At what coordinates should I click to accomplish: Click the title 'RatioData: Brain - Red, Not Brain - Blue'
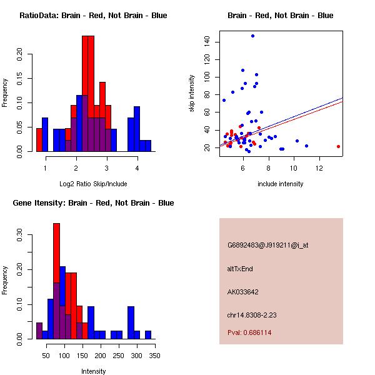93,16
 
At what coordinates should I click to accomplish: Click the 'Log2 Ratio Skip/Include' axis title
93,184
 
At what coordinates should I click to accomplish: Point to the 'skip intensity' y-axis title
192,94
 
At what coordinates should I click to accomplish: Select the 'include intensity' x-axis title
281,184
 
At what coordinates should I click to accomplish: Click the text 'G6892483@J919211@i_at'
267,245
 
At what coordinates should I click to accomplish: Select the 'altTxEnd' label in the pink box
240,269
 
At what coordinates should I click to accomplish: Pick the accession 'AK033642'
243,292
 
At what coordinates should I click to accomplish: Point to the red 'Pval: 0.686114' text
249,333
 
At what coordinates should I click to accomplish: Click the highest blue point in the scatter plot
252,36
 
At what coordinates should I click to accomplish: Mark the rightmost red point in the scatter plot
338,146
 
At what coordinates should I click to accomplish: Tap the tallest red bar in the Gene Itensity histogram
56,281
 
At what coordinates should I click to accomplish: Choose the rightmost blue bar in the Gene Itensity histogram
148,334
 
